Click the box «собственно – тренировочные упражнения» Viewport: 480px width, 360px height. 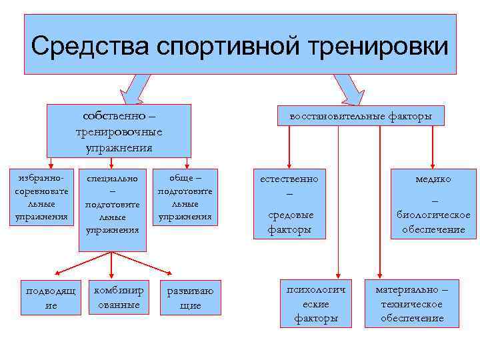pos(119,131)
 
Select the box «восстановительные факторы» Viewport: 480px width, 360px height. pos(360,117)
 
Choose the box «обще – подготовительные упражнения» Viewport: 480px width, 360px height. pos(185,197)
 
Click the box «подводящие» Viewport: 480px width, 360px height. pos(51,297)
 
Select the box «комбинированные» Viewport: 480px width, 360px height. pos(118,297)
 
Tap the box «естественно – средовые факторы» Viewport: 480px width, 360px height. pos(289,203)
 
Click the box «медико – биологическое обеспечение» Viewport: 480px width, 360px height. pos(433,203)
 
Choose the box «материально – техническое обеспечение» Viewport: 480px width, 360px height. pos(411,303)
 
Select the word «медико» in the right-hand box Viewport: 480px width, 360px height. pos(433,179)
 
